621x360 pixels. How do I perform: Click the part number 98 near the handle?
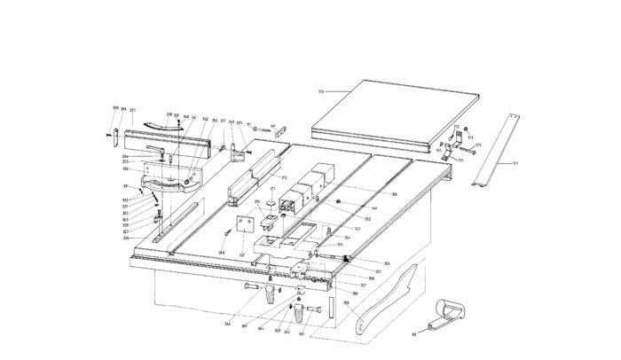(x=413, y=335)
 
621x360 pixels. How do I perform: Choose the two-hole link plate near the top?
(x=283, y=129)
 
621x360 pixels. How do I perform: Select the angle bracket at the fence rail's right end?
(x=238, y=152)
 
